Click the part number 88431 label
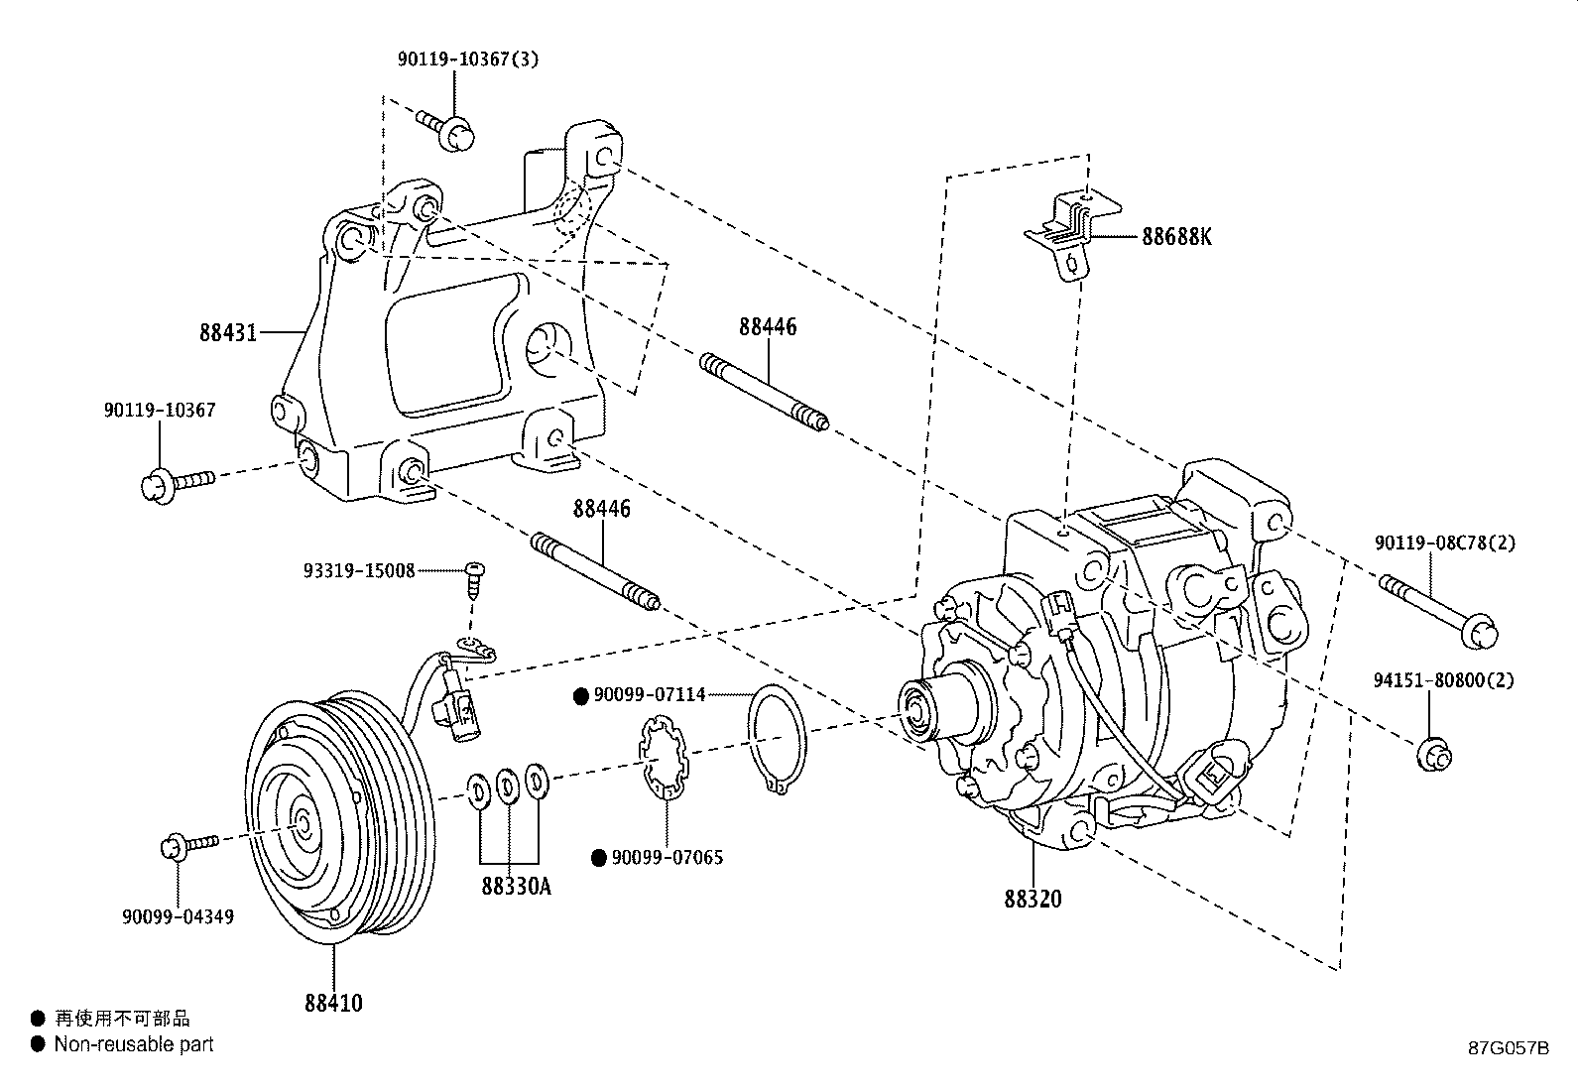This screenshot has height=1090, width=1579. click(228, 333)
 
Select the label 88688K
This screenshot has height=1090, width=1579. click(1176, 238)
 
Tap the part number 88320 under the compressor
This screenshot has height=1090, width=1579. click(1032, 899)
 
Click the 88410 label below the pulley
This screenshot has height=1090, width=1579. click(333, 1003)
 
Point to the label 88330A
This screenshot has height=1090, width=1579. click(516, 886)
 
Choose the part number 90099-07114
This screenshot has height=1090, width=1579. click(650, 695)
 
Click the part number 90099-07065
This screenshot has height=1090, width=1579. click(668, 858)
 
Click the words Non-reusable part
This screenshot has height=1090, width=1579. click(134, 1043)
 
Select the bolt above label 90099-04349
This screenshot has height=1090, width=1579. click(187, 846)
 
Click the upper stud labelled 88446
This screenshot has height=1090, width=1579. click(764, 392)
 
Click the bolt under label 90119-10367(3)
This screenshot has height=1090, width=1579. click(444, 128)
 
